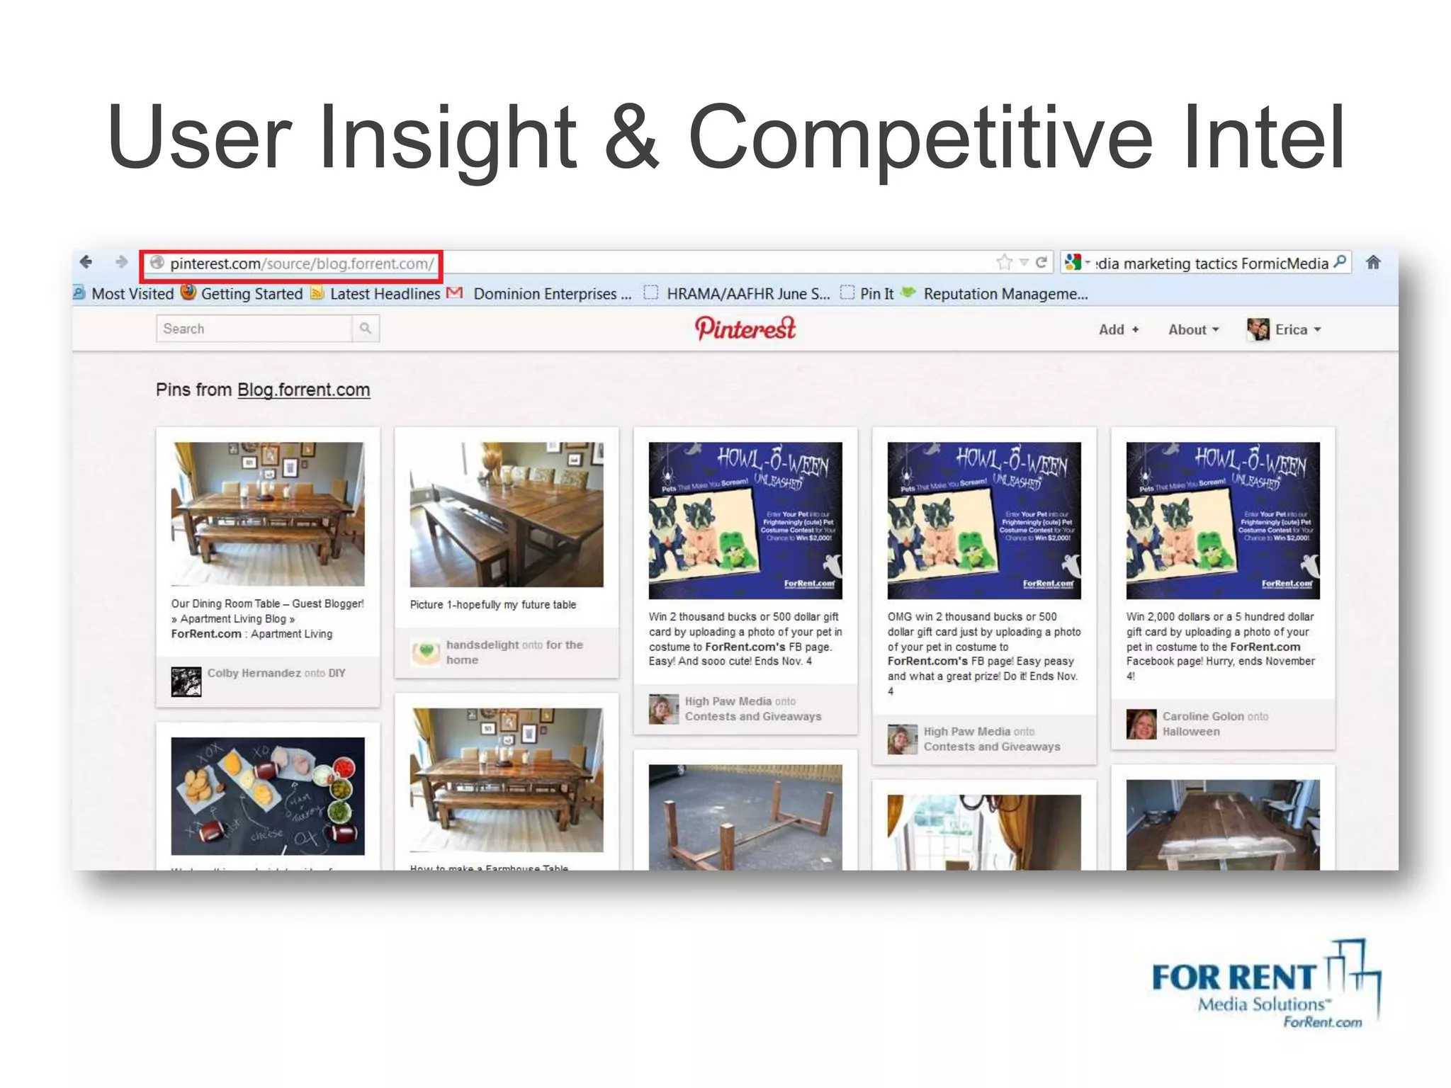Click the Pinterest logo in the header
point(745,328)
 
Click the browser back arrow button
point(86,262)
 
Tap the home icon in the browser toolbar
point(1373,262)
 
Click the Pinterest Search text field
point(254,329)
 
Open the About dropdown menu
point(1193,329)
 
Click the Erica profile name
point(1291,329)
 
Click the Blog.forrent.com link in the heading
point(303,390)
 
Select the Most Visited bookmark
point(132,294)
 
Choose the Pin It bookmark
point(876,294)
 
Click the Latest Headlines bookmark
point(385,294)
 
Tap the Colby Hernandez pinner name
point(254,673)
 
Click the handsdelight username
point(482,645)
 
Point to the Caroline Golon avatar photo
point(1141,724)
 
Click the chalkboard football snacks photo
point(268,795)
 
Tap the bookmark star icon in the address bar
point(1004,263)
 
